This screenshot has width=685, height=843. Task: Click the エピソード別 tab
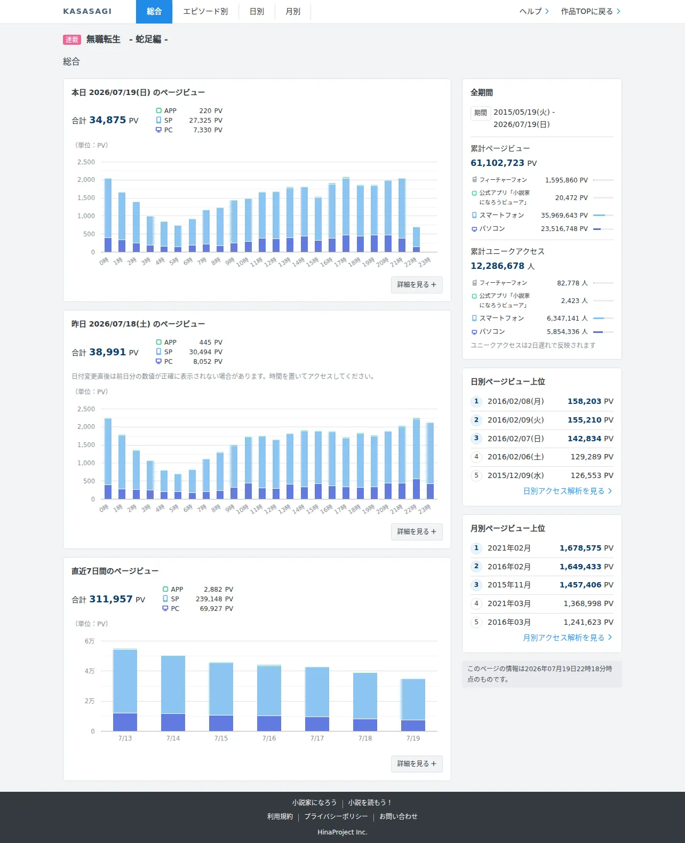[x=205, y=12]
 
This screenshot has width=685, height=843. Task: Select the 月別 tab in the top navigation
[x=293, y=12]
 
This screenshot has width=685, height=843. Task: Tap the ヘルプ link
[x=534, y=12]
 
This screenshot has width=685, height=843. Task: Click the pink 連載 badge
[x=72, y=39]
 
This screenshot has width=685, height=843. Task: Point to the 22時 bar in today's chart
[x=416, y=240]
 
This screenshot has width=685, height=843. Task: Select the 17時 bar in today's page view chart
[x=346, y=214]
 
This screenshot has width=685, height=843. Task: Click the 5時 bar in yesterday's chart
[x=178, y=487]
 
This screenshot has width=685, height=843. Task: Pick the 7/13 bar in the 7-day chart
[x=125, y=690]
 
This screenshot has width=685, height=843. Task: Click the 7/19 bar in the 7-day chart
[x=413, y=705]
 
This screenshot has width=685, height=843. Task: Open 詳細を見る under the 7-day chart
[x=417, y=764]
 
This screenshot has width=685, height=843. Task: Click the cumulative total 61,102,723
[x=497, y=163]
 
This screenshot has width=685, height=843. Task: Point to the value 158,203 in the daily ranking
[x=584, y=401]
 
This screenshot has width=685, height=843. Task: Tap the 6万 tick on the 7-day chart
[x=90, y=641]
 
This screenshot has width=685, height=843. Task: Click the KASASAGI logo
[x=87, y=12]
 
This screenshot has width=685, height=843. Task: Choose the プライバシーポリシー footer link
[x=336, y=816]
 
